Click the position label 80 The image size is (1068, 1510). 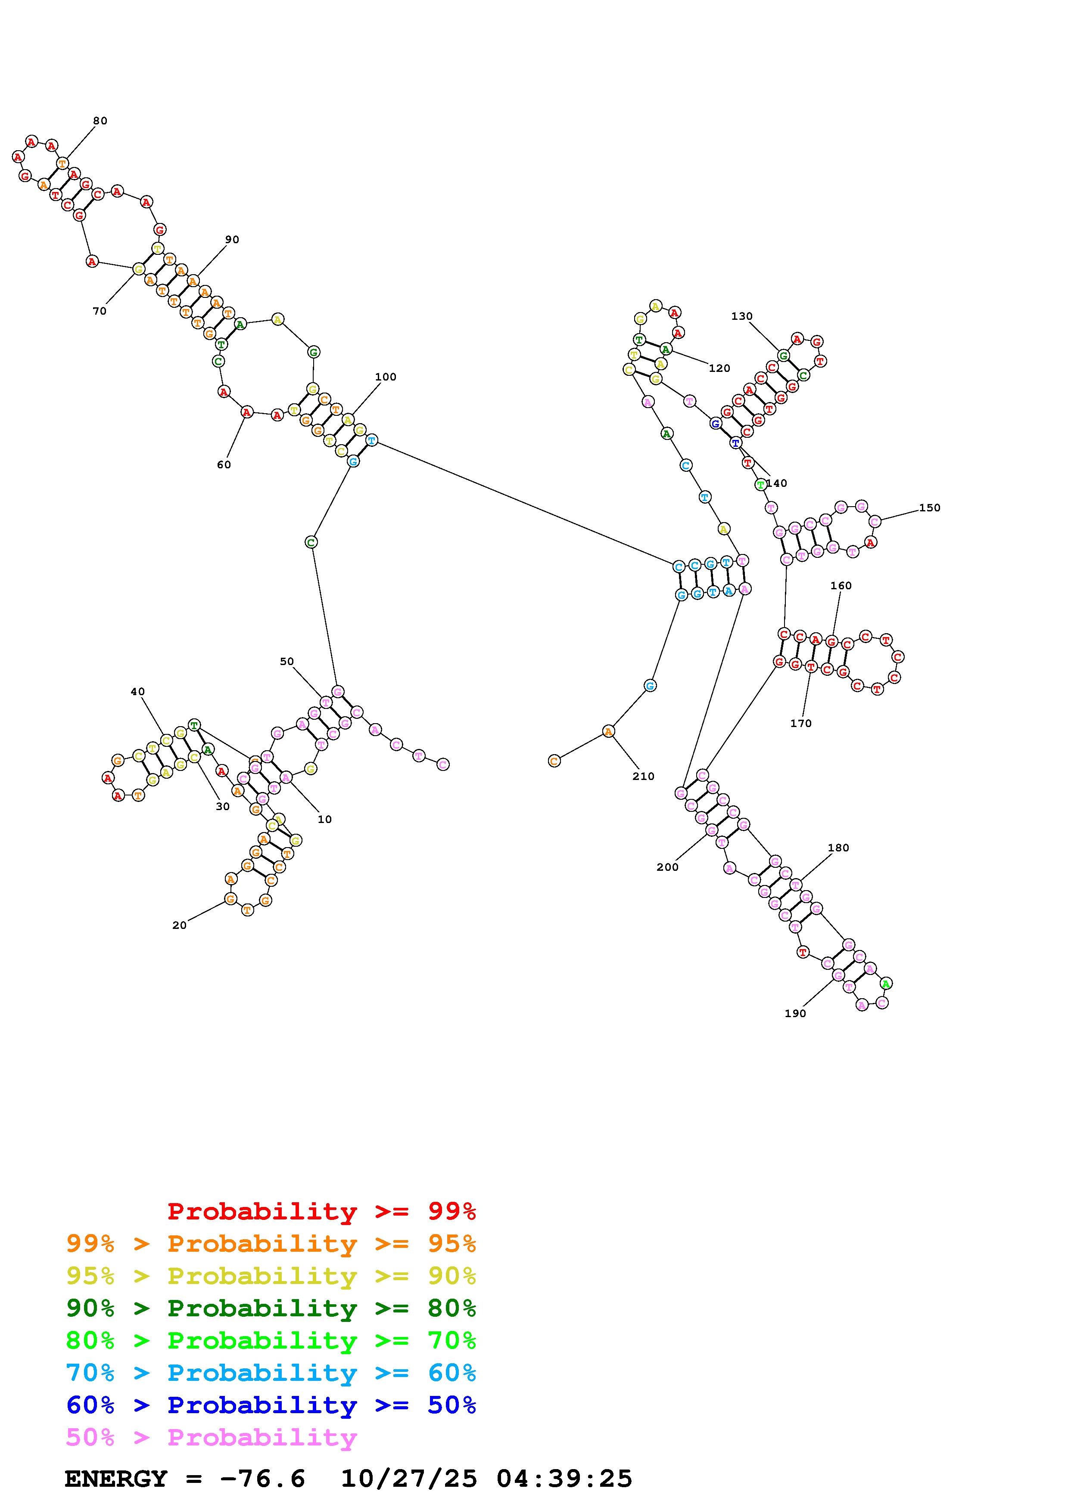(100, 121)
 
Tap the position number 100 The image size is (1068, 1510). (386, 377)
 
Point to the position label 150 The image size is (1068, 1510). (929, 508)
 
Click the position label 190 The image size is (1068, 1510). (795, 1013)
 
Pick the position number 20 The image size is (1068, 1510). (179, 925)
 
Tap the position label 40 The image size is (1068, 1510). (137, 691)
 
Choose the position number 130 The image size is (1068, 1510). (741, 316)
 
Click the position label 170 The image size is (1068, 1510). (801, 724)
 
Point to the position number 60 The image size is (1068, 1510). (224, 465)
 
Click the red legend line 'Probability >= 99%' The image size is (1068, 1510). (321, 1211)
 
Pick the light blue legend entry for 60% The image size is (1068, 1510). (271, 1373)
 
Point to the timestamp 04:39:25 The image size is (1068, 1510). (564, 1479)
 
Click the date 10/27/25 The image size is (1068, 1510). (408, 1479)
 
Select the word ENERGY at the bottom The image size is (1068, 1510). (116, 1479)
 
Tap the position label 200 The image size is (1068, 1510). (667, 867)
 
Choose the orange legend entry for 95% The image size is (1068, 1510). (271, 1243)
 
